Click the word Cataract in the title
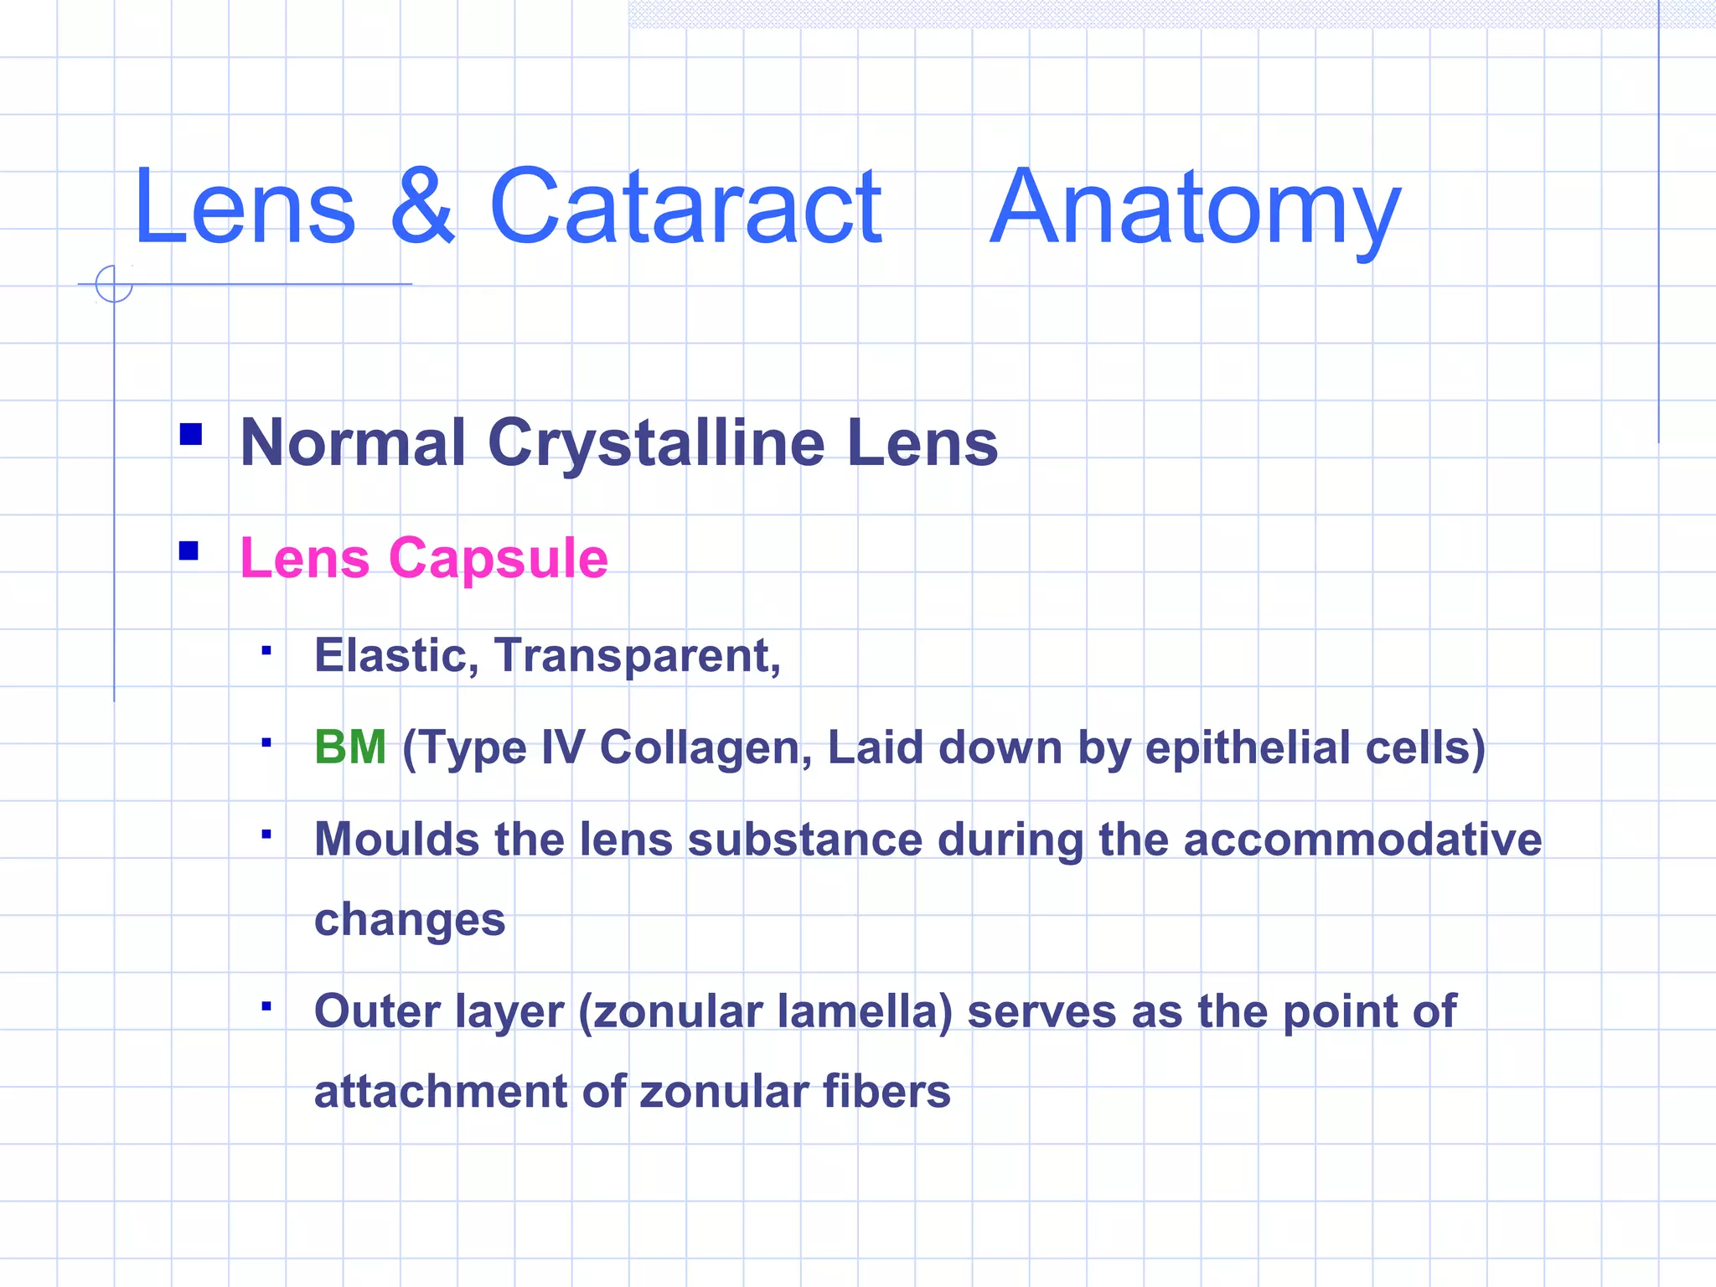click(x=685, y=207)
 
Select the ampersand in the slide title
click(x=423, y=207)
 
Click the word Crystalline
click(x=656, y=444)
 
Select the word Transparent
click(x=637, y=655)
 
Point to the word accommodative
click(x=1362, y=839)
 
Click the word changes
click(x=410, y=921)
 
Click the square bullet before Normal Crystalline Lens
click(x=191, y=434)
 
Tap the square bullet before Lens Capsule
click(x=189, y=550)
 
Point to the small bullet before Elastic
click(x=266, y=650)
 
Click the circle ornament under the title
click(x=114, y=284)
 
